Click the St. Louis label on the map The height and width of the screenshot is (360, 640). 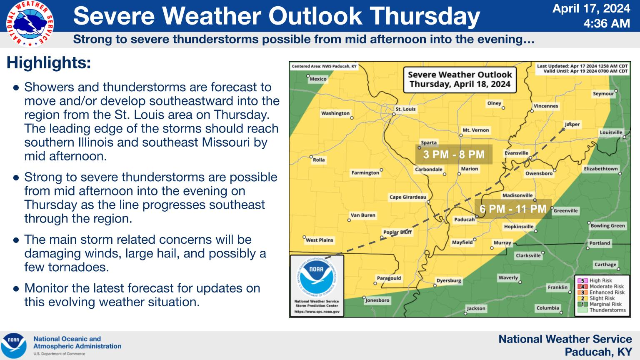click(x=405, y=109)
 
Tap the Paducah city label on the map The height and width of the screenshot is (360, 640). click(x=464, y=220)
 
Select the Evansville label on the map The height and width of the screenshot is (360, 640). click(x=516, y=153)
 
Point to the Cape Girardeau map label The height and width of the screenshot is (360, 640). click(x=408, y=197)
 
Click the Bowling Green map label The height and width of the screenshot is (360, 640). click(x=608, y=225)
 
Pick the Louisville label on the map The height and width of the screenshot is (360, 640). click(x=611, y=132)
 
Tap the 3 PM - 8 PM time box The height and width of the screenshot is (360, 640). click(x=454, y=155)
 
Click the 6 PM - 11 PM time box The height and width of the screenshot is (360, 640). click(x=513, y=209)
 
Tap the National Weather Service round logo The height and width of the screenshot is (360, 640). click(x=30, y=23)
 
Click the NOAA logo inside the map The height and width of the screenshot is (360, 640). click(x=317, y=276)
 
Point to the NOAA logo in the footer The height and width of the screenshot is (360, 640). click(x=13, y=345)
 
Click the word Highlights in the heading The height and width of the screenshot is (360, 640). click(x=49, y=62)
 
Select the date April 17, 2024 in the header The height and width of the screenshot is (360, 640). click(x=591, y=8)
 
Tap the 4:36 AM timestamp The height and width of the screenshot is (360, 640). click(x=607, y=23)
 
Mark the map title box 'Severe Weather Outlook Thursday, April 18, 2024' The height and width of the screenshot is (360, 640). click(x=460, y=80)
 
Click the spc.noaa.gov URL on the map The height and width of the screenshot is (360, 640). click(x=317, y=311)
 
